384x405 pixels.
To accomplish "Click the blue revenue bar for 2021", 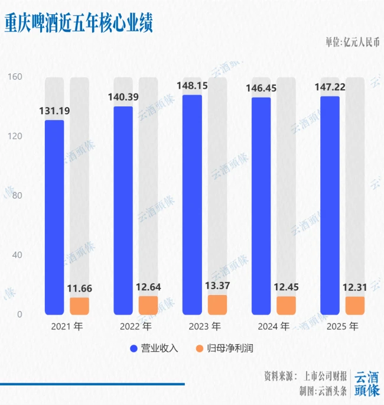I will (x=54, y=217).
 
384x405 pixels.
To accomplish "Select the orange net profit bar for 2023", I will (x=217, y=304).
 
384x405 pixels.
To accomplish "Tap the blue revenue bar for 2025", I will (x=330, y=205).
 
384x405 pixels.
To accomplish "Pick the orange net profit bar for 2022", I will (x=148, y=305).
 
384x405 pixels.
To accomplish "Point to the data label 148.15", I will (x=192, y=86).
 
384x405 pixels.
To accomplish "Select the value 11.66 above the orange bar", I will (x=80, y=289).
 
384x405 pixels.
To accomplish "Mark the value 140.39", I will (x=123, y=97).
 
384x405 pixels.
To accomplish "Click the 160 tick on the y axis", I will (x=14, y=77).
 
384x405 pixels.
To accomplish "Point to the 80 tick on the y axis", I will (x=17, y=196).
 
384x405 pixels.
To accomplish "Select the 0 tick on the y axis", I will (x=19, y=315).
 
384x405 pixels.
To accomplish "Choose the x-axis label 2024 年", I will (x=274, y=326).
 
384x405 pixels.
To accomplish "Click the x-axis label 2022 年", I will (x=135, y=326).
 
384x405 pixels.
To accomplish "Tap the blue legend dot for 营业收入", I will (x=133, y=348).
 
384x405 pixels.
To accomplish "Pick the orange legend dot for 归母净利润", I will (x=199, y=348).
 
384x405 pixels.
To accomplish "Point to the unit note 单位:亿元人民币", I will (x=352, y=42).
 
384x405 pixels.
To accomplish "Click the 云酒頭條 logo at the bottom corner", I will (x=367, y=384).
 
